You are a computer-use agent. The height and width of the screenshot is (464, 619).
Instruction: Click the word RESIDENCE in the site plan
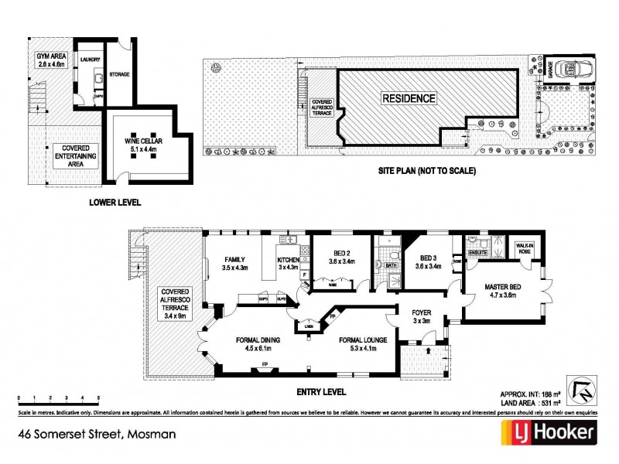[408, 98]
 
